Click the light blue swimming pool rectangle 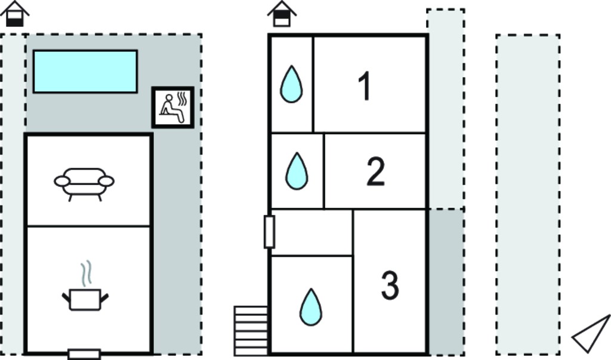click(x=85, y=72)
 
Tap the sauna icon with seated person click(x=172, y=107)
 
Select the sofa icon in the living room click(x=84, y=184)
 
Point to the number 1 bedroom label click(x=365, y=87)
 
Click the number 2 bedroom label click(x=376, y=171)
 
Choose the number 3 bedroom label click(x=390, y=286)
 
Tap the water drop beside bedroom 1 click(x=291, y=84)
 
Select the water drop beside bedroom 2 click(x=297, y=171)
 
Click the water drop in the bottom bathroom click(x=311, y=307)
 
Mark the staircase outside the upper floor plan click(x=251, y=331)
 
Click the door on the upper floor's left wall click(x=269, y=232)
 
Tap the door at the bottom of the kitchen click(x=84, y=354)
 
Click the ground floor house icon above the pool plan click(x=15, y=14)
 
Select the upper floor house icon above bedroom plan click(x=282, y=14)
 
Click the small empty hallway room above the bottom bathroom click(x=311, y=232)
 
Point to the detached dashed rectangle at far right click(x=528, y=195)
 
